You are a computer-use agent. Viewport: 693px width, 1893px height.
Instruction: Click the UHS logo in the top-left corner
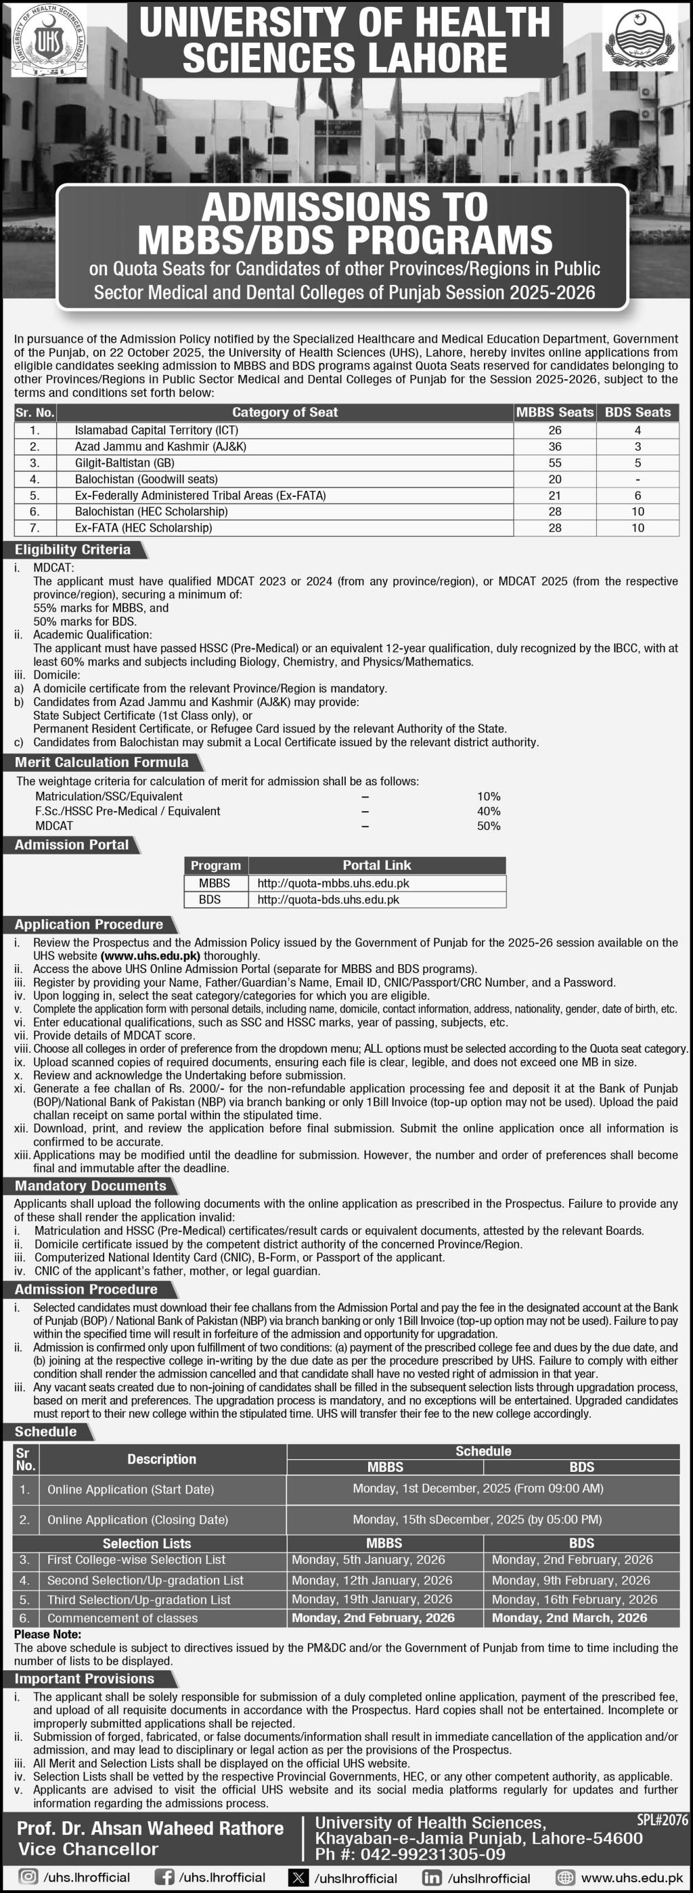click(x=48, y=41)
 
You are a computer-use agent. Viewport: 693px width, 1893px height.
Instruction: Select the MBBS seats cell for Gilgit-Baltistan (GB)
click(x=555, y=463)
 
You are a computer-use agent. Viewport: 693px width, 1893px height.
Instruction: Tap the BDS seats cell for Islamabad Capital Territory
click(x=637, y=430)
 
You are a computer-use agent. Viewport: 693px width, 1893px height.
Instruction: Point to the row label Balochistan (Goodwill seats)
click(x=146, y=479)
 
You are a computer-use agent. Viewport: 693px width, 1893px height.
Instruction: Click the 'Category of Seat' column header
click(x=284, y=412)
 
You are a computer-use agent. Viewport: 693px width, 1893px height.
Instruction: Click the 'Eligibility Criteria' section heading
click(x=73, y=550)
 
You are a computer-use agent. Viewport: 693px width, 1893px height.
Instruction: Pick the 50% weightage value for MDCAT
click(x=489, y=826)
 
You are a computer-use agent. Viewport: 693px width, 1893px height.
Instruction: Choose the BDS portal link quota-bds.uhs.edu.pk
click(x=328, y=900)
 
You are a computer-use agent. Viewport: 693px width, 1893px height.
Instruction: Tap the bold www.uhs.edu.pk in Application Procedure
click(x=151, y=956)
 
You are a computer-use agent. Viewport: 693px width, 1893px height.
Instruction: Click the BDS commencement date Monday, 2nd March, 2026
click(x=570, y=1617)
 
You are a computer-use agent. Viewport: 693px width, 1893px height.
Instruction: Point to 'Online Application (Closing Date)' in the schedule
click(x=137, y=1520)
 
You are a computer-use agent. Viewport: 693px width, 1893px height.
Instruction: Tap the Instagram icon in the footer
click(x=28, y=1877)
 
